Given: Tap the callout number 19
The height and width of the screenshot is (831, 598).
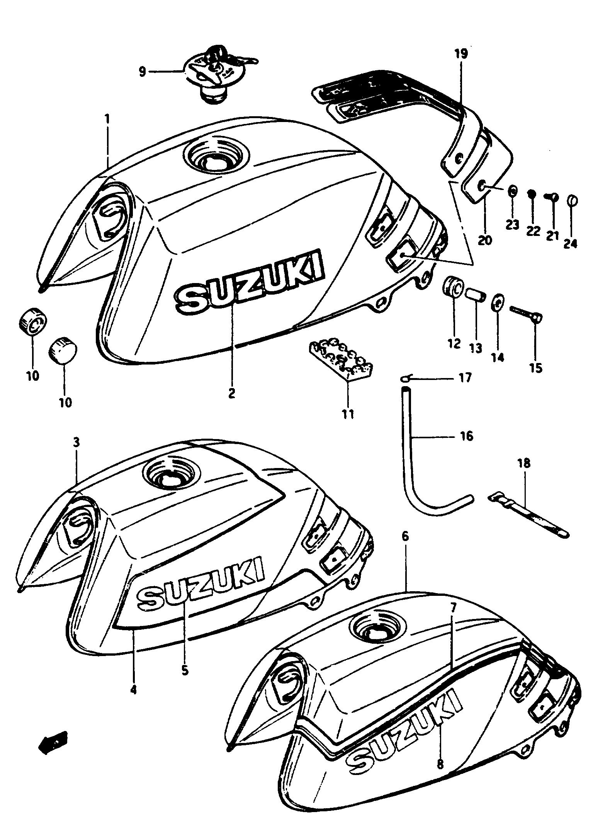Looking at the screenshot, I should [460, 54].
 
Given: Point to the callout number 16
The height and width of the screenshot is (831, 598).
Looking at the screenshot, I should [467, 436].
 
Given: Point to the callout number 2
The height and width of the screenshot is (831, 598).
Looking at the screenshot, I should [231, 393].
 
